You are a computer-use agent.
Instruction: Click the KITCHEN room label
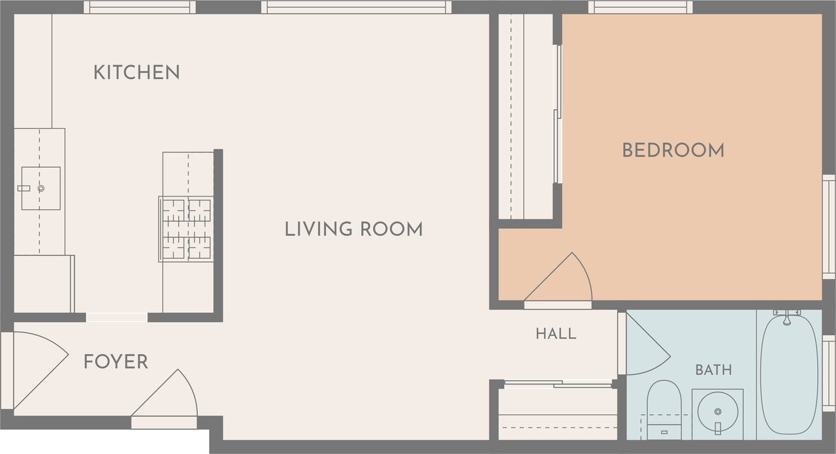tap(137, 73)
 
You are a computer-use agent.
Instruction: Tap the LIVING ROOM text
tap(354, 229)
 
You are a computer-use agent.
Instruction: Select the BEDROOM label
tap(673, 150)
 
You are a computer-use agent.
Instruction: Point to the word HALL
tap(556, 334)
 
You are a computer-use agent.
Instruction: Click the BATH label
tap(714, 370)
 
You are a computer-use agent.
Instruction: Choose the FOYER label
tap(116, 362)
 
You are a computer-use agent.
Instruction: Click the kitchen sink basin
tap(40, 188)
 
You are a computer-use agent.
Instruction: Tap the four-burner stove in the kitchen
tap(186, 229)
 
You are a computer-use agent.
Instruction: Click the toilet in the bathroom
tap(664, 410)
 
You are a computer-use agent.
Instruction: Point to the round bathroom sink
tap(717, 412)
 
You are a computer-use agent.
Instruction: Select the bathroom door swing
tap(649, 344)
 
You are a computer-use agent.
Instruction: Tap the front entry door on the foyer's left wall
tap(41, 370)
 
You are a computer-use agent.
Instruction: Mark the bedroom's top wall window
tap(641, 7)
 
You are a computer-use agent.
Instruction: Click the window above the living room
tap(356, 7)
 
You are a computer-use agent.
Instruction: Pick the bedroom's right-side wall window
tap(829, 226)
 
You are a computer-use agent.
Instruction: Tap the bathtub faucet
tap(787, 317)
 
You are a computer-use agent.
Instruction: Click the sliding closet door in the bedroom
tap(558, 114)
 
